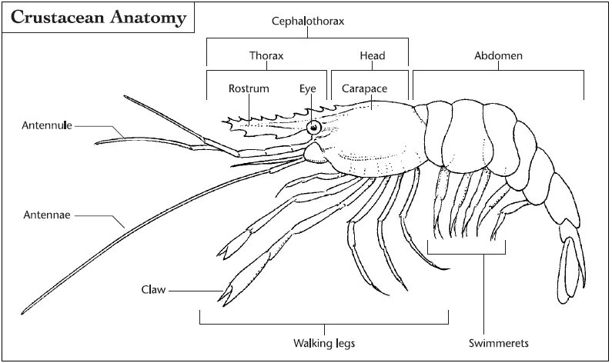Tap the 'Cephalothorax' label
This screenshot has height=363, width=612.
307,22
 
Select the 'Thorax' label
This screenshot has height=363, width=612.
266,56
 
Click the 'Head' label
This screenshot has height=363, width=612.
373,56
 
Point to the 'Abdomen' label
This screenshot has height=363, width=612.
497,56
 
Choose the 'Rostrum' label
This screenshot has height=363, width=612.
249,88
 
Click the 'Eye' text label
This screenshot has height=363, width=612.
308,88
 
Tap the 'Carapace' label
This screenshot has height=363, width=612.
364,88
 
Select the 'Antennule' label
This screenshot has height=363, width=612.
46,125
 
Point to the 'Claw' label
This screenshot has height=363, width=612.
153,290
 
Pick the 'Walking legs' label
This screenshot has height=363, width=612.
323,342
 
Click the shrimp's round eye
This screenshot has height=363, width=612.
314,127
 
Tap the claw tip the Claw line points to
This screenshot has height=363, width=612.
226,293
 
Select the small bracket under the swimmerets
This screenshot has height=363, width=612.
467,251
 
